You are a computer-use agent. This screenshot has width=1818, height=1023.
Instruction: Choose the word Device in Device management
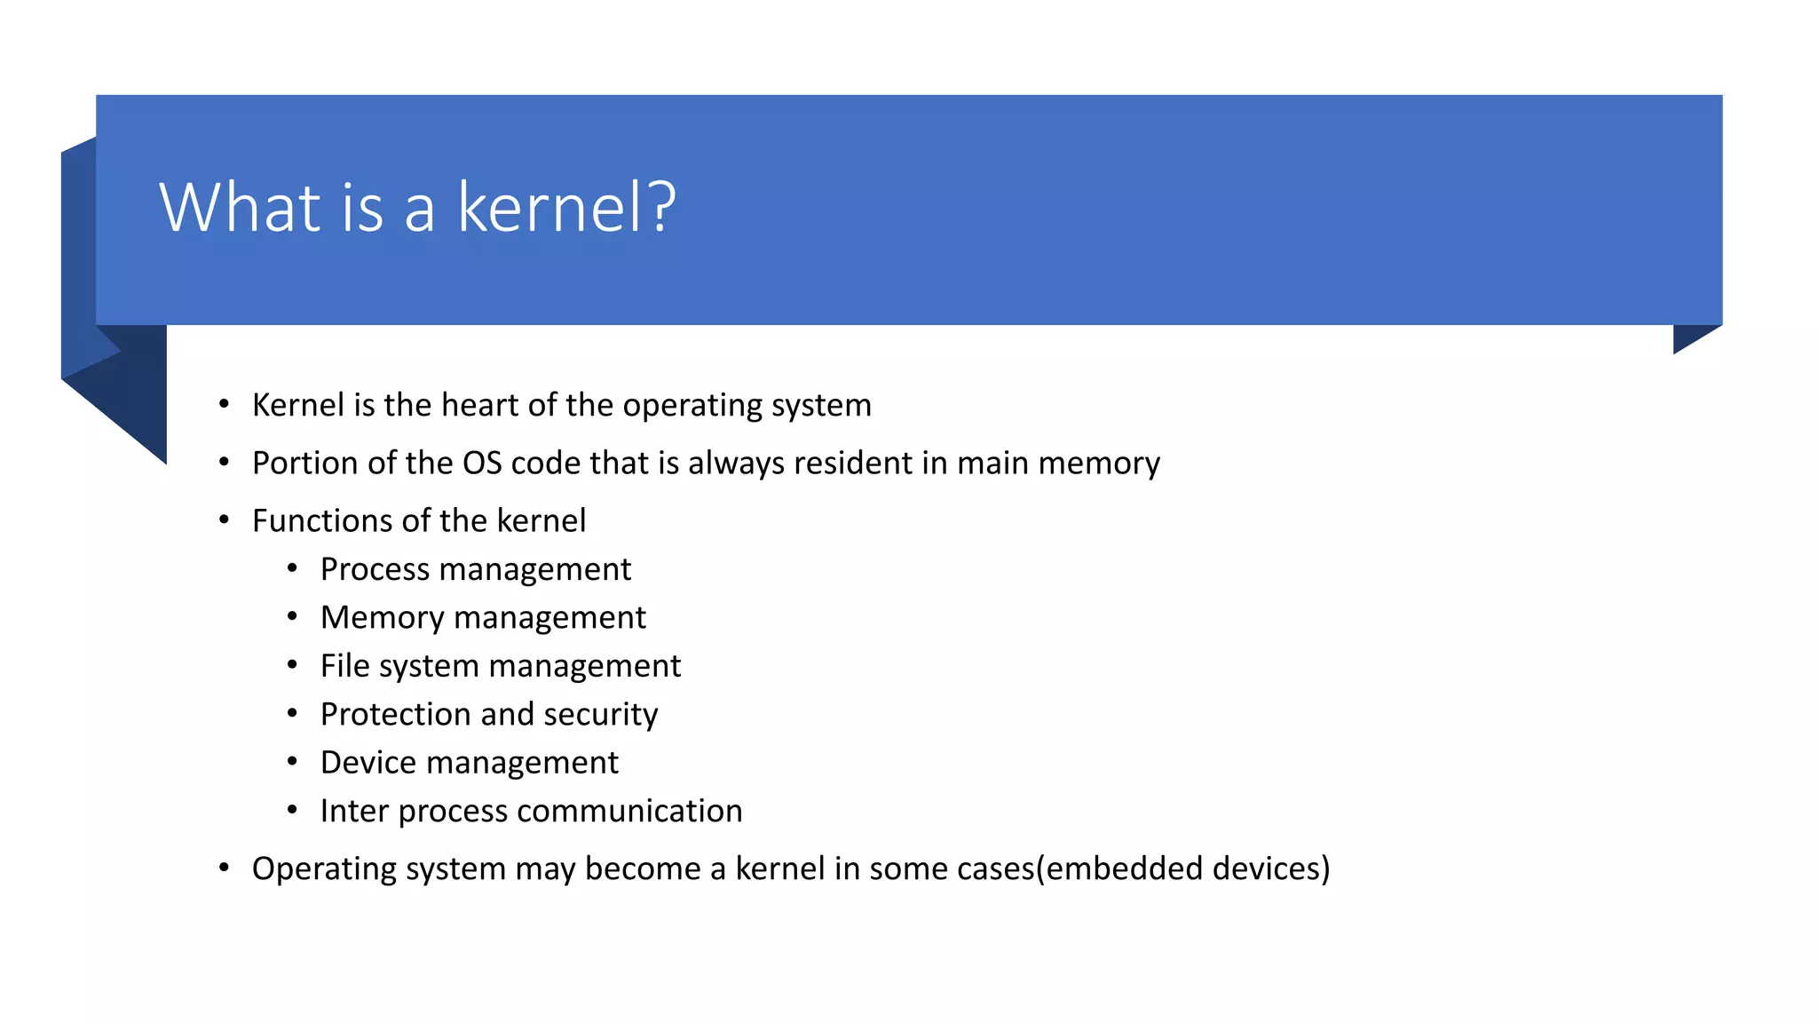pos(368,763)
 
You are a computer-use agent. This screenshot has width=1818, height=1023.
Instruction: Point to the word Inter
pos(354,811)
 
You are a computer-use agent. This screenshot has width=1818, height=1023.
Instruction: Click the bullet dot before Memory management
pos(292,616)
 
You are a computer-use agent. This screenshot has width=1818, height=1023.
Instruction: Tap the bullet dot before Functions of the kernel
pos(224,519)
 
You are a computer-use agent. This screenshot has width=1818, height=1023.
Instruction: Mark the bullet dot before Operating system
pos(224,867)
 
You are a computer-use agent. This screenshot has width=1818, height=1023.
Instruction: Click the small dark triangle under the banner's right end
pos(1688,337)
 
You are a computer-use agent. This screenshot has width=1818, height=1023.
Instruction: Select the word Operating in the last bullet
pos(323,868)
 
